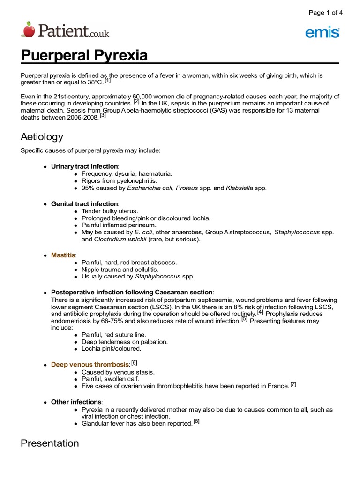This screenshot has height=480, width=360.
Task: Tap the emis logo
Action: click(x=322, y=32)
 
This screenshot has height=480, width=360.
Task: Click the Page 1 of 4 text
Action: click(x=325, y=13)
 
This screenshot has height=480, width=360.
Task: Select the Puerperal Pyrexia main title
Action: click(x=84, y=55)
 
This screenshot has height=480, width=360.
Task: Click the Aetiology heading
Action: click(x=42, y=137)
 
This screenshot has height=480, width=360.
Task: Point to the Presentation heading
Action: click(x=50, y=443)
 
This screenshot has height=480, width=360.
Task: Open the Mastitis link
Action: click(x=63, y=255)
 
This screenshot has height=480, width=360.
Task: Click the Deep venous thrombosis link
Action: click(x=90, y=364)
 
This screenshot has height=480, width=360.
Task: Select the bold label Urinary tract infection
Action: click(x=84, y=166)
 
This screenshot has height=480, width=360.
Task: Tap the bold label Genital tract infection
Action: click(x=84, y=204)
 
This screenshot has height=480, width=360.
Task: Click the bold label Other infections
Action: click(x=76, y=402)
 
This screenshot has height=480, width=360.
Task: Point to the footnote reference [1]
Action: click(x=107, y=81)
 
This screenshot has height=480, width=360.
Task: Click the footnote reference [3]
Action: click(x=103, y=115)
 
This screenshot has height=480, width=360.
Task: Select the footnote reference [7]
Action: click(x=293, y=384)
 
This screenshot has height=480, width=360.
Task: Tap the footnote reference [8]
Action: click(x=196, y=421)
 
